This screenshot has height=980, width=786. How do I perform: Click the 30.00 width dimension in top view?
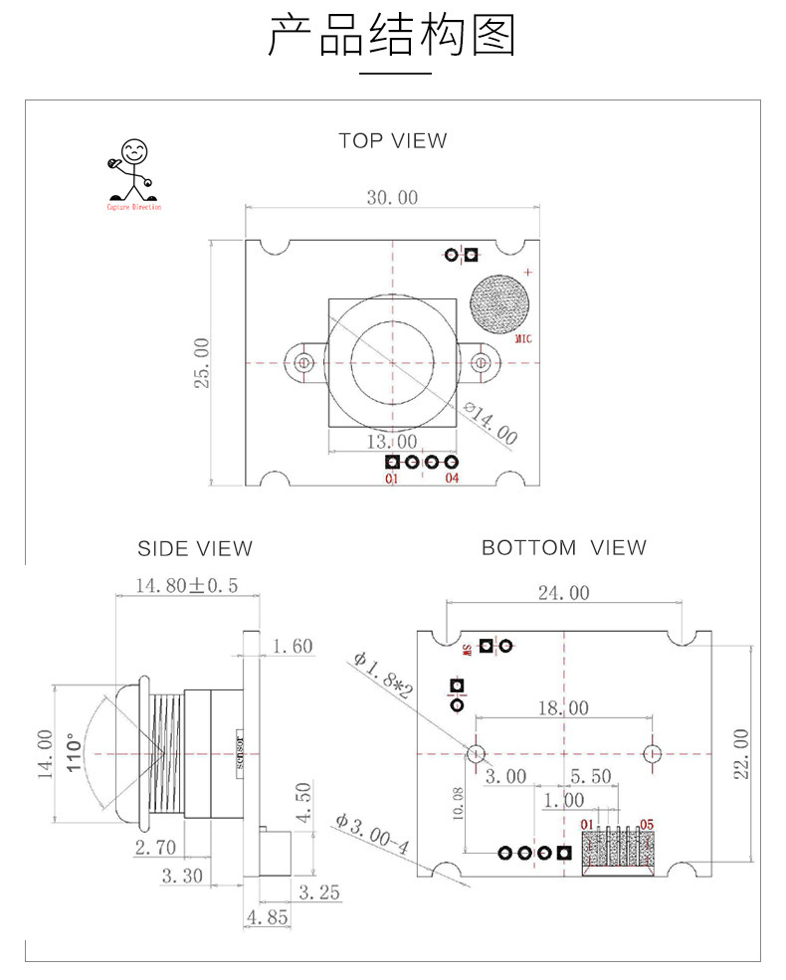pyautogui.click(x=392, y=197)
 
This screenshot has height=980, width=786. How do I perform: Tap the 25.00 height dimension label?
pyautogui.click(x=201, y=362)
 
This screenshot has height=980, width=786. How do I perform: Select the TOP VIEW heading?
pyautogui.click(x=393, y=141)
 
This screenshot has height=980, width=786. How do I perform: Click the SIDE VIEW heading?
pyautogui.click(x=195, y=548)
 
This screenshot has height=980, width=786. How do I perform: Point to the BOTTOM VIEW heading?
pyautogui.click(x=564, y=547)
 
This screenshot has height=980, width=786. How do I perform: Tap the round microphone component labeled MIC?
pyautogui.click(x=499, y=302)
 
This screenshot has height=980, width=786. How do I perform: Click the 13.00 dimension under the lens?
pyautogui.click(x=392, y=441)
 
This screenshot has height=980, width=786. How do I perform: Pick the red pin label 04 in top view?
pyautogui.click(x=452, y=479)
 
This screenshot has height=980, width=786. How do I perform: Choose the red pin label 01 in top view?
pyautogui.click(x=392, y=479)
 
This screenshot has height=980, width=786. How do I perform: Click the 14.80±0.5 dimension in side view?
pyautogui.click(x=187, y=585)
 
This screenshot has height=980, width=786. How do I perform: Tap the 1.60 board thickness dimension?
pyautogui.click(x=292, y=647)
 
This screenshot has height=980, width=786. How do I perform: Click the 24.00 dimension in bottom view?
pyautogui.click(x=563, y=593)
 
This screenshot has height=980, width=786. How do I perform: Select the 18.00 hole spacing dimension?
pyautogui.click(x=563, y=708)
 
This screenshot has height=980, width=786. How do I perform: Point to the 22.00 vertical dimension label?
pyautogui.click(x=739, y=753)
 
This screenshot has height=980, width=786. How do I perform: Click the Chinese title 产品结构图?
pyautogui.click(x=393, y=36)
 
